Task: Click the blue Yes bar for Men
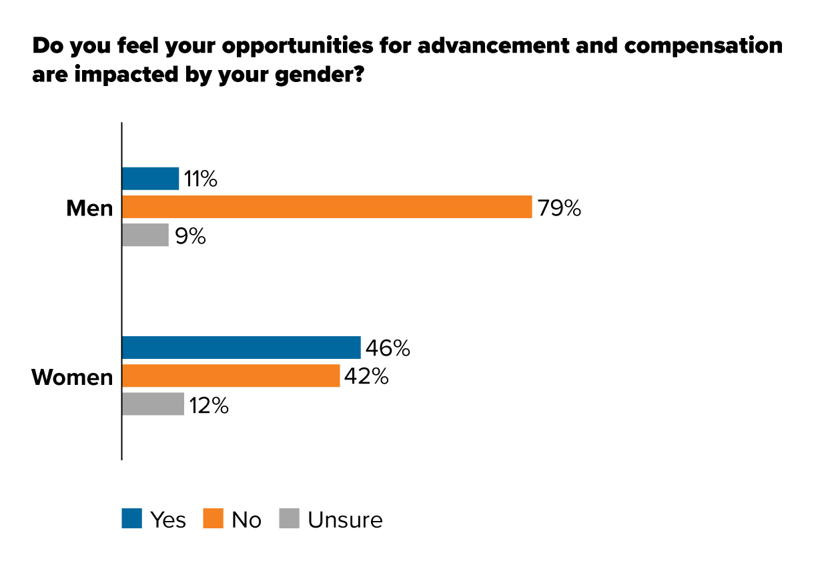tap(150, 179)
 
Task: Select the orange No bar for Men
tap(326, 207)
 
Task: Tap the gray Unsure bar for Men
tap(145, 235)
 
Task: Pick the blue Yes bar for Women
tap(241, 348)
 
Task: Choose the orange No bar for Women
tap(231, 376)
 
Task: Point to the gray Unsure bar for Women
tap(153, 404)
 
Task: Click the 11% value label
tap(201, 179)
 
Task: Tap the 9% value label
tap(190, 236)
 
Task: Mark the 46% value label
tap(387, 348)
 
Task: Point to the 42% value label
tap(366, 376)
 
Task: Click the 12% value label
tap(208, 405)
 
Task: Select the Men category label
tap(89, 209)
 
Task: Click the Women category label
tap(72, 378)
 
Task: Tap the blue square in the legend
tap(132, 519)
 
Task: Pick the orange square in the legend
tap(213, 519)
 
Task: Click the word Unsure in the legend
tap(345, 520)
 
